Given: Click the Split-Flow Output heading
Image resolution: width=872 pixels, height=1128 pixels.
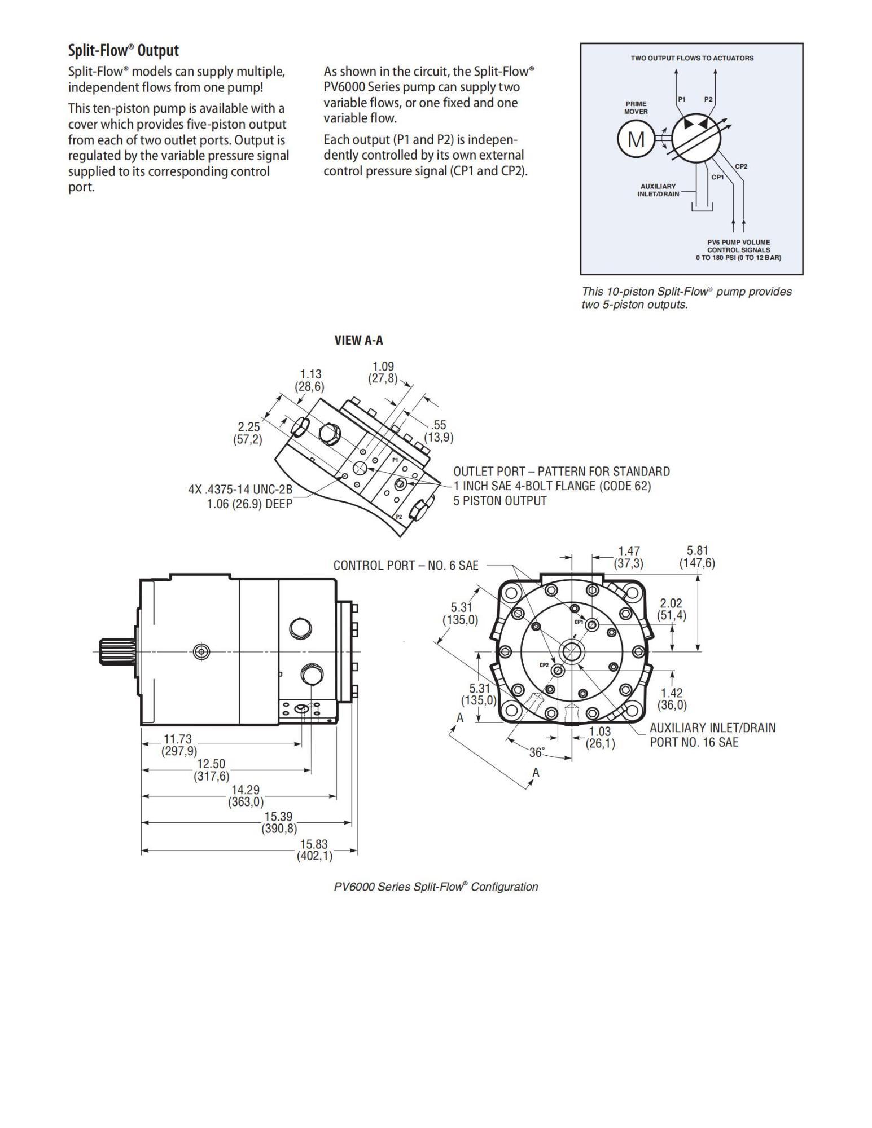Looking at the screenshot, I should tap(123, 51).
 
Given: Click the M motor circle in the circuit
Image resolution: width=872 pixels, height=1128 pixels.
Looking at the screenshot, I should tap(636, 138).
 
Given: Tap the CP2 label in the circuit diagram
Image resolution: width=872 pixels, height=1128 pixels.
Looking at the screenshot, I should tap(740, 166).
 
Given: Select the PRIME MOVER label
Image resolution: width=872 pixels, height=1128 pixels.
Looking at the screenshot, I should tap(636, 107).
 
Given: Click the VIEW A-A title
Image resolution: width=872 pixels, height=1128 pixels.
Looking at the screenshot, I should tap(358, 340).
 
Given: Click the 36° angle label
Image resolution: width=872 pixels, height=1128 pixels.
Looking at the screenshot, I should tap(537, 752).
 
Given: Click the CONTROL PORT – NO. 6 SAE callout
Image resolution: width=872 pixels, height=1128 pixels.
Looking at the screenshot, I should tap(405, 565).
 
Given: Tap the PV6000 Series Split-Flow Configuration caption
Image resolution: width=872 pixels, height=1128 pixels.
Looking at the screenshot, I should tap(436, 887).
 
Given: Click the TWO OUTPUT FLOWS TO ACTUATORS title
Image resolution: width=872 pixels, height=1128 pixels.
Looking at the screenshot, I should tap(691, 58).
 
